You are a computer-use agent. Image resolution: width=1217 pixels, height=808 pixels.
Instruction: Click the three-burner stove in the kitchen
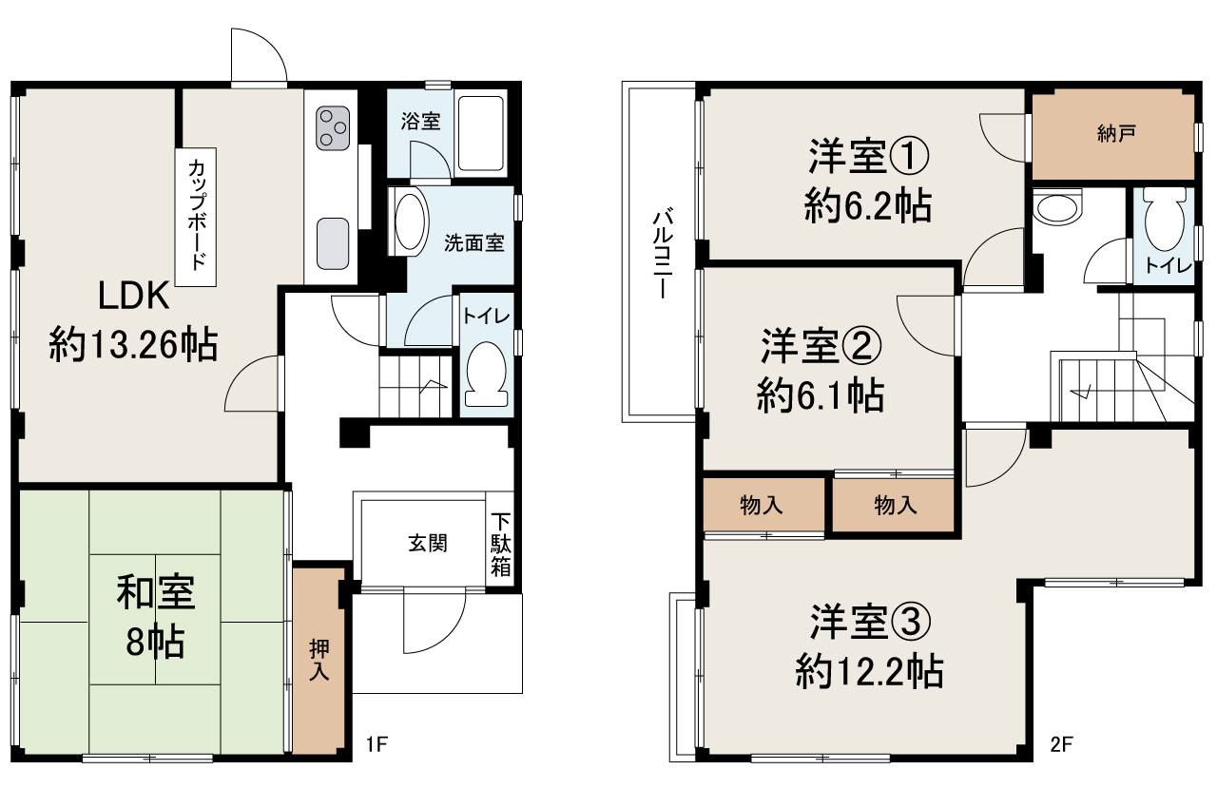coord(333,128)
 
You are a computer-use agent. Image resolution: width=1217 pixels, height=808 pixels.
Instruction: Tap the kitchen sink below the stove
coord(333,243)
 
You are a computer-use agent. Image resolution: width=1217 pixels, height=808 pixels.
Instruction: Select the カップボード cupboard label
coord(196,214)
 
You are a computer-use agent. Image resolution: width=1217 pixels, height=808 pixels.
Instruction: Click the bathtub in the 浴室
coord(480,134)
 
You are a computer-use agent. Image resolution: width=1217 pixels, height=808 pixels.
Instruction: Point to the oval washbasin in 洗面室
coord(410,221)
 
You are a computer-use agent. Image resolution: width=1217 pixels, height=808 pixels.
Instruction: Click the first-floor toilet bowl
coord(486,374)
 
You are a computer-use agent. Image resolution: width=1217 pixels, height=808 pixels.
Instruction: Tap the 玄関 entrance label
coord(428,543)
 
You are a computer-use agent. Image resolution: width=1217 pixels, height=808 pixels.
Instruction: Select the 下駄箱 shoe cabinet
coord(500,539)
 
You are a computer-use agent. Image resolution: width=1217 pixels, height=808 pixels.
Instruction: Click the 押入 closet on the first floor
coord(319,661)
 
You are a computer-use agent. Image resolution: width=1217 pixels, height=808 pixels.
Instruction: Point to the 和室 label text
coord(155,592)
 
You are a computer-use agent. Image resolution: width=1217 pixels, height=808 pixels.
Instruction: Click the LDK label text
coord(134,296)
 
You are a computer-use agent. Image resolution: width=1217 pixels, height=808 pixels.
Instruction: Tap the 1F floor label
coord(377,744)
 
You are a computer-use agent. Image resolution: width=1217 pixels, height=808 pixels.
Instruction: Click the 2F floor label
coord(1061,744)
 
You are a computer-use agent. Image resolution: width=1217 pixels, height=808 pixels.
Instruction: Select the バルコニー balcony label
coord(663,253)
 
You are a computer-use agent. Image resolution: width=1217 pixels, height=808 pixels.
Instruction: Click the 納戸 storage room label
coord(1116,134)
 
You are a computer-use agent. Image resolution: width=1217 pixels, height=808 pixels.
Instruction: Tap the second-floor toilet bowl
coord(1165,220)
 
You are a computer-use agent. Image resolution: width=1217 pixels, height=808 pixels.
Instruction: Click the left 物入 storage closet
coord(763,505)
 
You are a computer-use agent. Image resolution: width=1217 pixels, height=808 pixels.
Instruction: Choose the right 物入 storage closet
coord(894,505)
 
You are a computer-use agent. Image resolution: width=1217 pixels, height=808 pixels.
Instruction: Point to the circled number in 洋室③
coord(911,623)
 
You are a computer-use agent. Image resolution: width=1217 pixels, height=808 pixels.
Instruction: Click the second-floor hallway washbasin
coord(1056,206)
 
